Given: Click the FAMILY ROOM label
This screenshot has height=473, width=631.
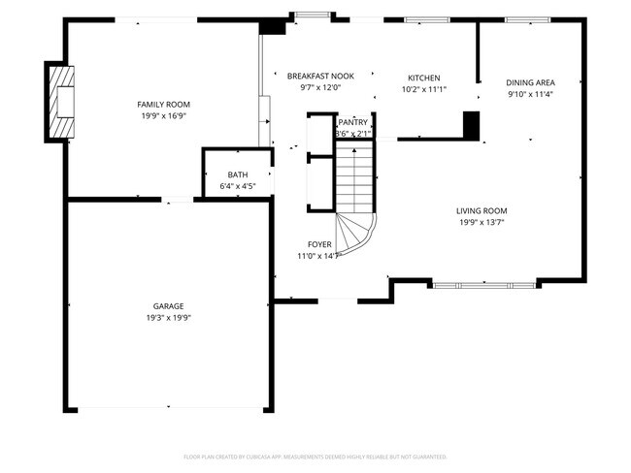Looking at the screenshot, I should pos(162,104).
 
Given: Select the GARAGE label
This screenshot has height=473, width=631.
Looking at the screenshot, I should pos(168,306).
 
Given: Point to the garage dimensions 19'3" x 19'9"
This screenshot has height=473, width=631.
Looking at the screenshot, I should pos(168,317).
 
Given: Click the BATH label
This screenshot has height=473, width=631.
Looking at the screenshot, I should pos(238,174).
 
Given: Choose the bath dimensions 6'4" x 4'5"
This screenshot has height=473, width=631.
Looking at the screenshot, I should pos(238,186).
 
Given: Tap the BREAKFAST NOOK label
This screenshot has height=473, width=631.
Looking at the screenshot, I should pos(320,76).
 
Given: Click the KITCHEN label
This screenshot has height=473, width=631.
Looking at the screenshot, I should pos(423,78).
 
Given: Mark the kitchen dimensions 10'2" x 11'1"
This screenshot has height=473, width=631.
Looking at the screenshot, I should pos(423,89).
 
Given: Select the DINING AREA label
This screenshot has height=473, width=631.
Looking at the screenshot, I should pos(531,83).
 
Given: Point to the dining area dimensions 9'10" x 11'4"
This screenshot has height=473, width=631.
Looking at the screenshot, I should pos(531,95).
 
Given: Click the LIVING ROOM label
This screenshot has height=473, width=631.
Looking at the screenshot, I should pos(482,210).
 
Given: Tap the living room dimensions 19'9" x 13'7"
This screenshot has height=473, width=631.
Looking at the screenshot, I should pos(482,222).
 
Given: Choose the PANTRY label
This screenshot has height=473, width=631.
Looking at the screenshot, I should pos(353,122).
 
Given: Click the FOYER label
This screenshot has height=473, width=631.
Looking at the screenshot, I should pos(319,244).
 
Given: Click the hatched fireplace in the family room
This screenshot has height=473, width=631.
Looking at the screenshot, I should pos(61,102).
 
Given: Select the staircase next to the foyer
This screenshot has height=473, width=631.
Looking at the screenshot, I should pos(355,189).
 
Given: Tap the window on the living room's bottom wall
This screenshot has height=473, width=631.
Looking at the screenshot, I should pos(482,285).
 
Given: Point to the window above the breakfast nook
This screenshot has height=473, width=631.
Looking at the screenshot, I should pos(312,15).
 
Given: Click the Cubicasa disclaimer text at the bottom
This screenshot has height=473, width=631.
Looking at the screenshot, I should pos(315,456).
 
